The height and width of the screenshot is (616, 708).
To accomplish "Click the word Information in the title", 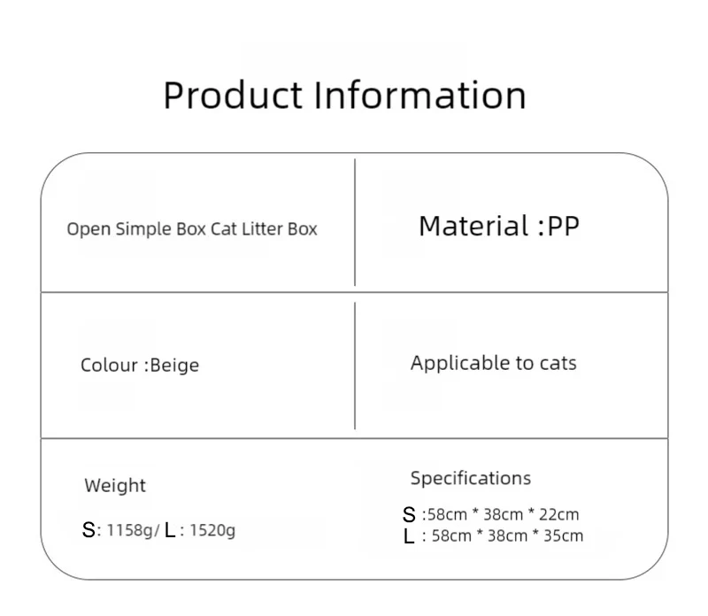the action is [419, 95].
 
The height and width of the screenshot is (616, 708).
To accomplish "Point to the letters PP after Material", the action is [563, 227].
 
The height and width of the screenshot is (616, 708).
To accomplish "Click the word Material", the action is [473, 227].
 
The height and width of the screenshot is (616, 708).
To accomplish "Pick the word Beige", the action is [174, 366].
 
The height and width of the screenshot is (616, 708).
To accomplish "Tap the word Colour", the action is [109, 366].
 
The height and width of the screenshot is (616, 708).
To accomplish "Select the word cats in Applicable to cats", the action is [558, 363].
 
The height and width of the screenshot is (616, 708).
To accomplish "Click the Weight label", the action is [115, 485].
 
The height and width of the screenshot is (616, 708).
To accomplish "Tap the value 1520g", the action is [213, 531].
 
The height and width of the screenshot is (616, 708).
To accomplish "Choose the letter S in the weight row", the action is [88, 531].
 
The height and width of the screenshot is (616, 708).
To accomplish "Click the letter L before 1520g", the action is [170, 531].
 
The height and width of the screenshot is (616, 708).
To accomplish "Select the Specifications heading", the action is [470, 479].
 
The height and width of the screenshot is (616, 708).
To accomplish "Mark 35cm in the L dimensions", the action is [563, 535].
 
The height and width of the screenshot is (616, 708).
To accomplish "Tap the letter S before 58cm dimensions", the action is [409, 515].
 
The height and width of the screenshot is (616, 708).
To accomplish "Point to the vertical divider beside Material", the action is [355, 222].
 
